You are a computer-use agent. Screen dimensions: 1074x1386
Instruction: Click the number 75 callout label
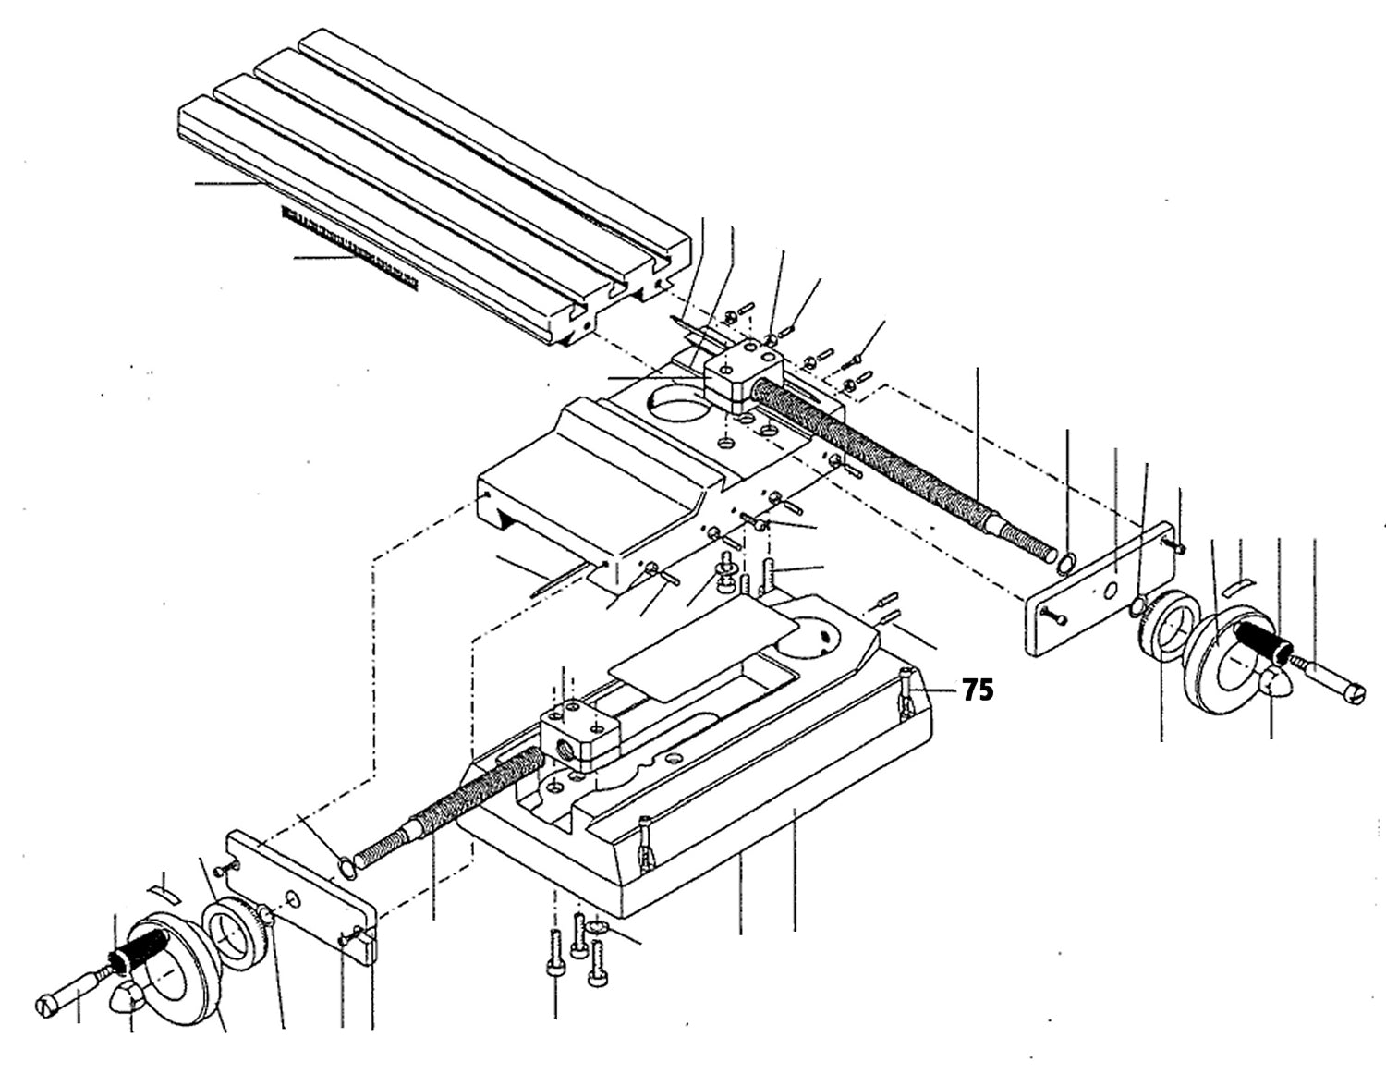click(978, 690)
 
